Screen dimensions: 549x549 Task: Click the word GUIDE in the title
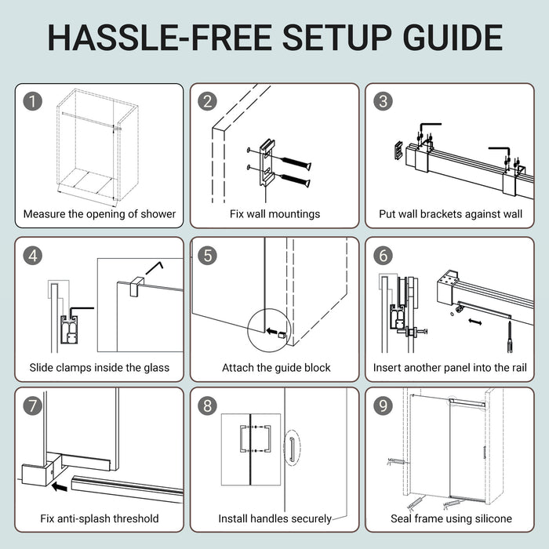[453, 38]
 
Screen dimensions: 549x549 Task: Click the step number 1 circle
[33, 101]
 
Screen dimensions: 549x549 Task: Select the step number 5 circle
[208, 255]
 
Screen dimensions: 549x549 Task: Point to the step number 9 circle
[383, 405]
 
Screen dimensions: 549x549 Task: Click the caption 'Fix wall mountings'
[274, 214]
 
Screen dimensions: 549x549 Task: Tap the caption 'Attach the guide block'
[276, 368]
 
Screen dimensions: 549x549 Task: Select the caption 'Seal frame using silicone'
[451, 518]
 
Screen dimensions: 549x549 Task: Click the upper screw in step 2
[296, 163]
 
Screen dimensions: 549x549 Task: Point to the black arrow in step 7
[59, 486]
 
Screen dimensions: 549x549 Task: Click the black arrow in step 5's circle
[271, 331]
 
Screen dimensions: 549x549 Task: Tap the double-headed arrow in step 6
[475, 322]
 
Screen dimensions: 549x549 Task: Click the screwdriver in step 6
[510, 337]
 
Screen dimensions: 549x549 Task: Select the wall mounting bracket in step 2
[267, 163]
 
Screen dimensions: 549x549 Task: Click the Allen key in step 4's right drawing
[155, 267]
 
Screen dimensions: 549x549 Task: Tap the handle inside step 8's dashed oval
[292, 449]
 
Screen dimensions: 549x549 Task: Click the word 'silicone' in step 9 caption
[493, 518]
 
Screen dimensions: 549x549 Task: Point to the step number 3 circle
[383, 101]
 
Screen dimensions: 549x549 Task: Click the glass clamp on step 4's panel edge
[136, 286]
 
